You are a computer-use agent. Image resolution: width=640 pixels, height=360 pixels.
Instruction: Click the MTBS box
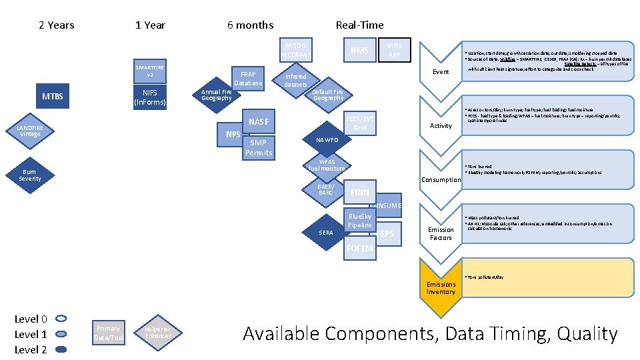pos(53,97)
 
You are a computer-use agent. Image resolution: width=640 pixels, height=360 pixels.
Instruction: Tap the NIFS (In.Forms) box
pos(151,97)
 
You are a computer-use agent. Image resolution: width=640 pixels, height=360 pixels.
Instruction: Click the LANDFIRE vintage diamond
pos(30,131)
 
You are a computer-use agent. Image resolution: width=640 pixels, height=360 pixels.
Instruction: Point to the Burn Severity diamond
pos(30,175)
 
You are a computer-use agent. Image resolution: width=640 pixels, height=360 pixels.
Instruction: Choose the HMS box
pos(360,51)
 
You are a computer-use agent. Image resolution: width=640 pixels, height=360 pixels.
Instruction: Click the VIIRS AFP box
pos(395,49)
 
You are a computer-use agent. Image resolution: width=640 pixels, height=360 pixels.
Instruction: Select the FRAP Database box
pos(248,78)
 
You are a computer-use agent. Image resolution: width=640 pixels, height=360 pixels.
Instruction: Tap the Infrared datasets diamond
pos(296,81)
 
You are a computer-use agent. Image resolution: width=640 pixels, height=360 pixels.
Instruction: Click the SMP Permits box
pos(258,147)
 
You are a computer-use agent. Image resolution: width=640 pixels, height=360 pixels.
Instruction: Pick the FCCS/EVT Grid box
pos(360,123)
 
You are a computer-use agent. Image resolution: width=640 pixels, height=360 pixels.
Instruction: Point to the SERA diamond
pos(326,232)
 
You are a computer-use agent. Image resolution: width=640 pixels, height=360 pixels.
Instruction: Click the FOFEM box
pos(360,249)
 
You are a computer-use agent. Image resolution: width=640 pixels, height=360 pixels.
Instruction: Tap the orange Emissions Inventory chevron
pos(441,287)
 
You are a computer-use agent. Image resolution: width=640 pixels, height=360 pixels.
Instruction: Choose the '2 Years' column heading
pos(57,25)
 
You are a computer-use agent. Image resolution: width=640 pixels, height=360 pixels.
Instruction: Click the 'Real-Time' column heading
pos(359,25)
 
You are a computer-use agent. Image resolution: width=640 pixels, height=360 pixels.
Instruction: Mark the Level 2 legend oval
pos(61,349)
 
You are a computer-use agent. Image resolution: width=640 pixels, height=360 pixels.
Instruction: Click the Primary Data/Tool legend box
pos(109,333)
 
